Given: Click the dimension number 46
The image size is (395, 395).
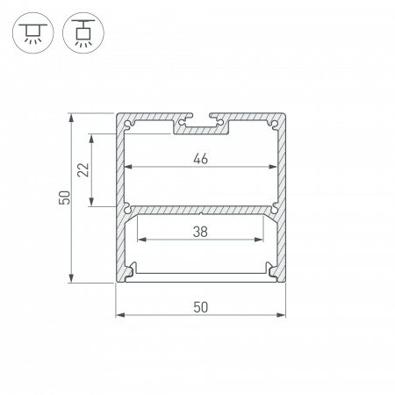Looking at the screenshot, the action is (200, 158).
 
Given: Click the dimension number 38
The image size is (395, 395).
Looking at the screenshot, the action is (200, 232).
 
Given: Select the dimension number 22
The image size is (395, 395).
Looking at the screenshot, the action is (83, 169).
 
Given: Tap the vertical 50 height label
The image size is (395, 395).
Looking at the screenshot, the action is (65, 197).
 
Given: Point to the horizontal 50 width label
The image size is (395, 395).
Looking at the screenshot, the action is (201, 307).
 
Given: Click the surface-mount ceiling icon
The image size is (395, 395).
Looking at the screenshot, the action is (33, 32).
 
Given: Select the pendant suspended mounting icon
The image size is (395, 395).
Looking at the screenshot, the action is (83, 32).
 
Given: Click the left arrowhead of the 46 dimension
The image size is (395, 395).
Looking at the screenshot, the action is (128, 167).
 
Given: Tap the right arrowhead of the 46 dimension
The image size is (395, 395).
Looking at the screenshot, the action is (273, 167).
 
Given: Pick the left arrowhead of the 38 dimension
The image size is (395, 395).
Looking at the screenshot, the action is (142, 240).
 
